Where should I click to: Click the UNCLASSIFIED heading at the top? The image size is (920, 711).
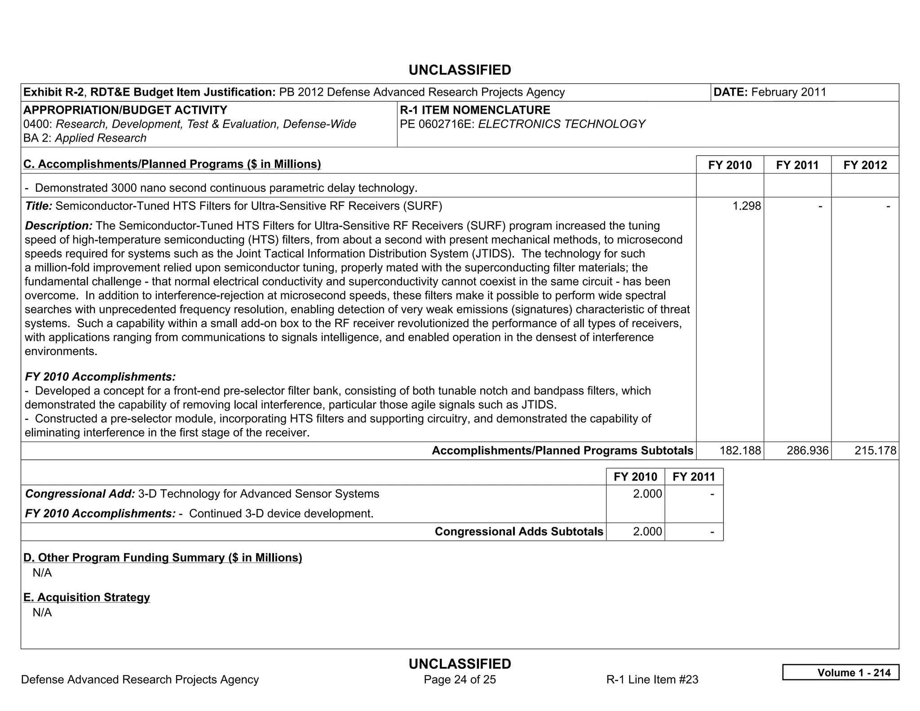tap(460, 70)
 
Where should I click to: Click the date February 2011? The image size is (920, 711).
tap(788, 92)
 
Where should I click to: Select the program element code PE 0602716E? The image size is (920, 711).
tap(437, 124)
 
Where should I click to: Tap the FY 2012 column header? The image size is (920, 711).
tap(865, 165)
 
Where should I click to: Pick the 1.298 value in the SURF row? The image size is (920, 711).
tap(747, 206)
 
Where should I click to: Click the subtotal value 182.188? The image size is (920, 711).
tap(740, 450)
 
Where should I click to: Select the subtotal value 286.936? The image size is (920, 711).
tap(807, 450)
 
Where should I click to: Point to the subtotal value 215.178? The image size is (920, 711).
tap(875, 450)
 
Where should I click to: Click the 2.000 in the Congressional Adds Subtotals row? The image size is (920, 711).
tap(647, 531)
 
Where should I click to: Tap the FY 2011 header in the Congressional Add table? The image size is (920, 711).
tap(694, 477)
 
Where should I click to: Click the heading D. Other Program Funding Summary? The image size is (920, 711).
tap(163, 557)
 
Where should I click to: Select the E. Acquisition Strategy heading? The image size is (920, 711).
tap(87, 597)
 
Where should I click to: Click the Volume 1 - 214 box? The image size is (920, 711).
tap(840, 672)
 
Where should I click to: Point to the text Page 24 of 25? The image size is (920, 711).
tap(460, 680)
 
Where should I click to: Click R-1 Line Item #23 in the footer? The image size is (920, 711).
tap(652, 680)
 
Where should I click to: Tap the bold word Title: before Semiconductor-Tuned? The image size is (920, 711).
tap(39, 206)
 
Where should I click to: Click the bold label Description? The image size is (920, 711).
tap(58, 226)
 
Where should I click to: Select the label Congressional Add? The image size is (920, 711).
tap(80, 494)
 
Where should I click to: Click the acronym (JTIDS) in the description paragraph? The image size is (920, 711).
tap(492, 253)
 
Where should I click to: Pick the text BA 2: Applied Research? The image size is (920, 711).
tap(85, 138)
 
